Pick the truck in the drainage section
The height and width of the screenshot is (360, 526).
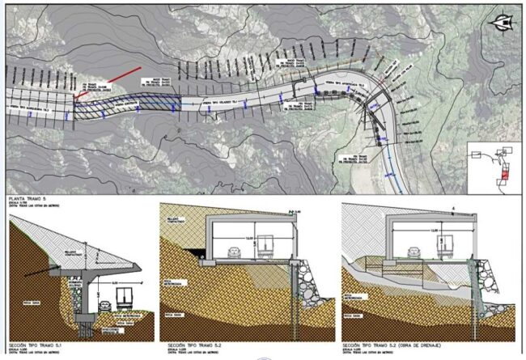[x=448, y=246]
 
